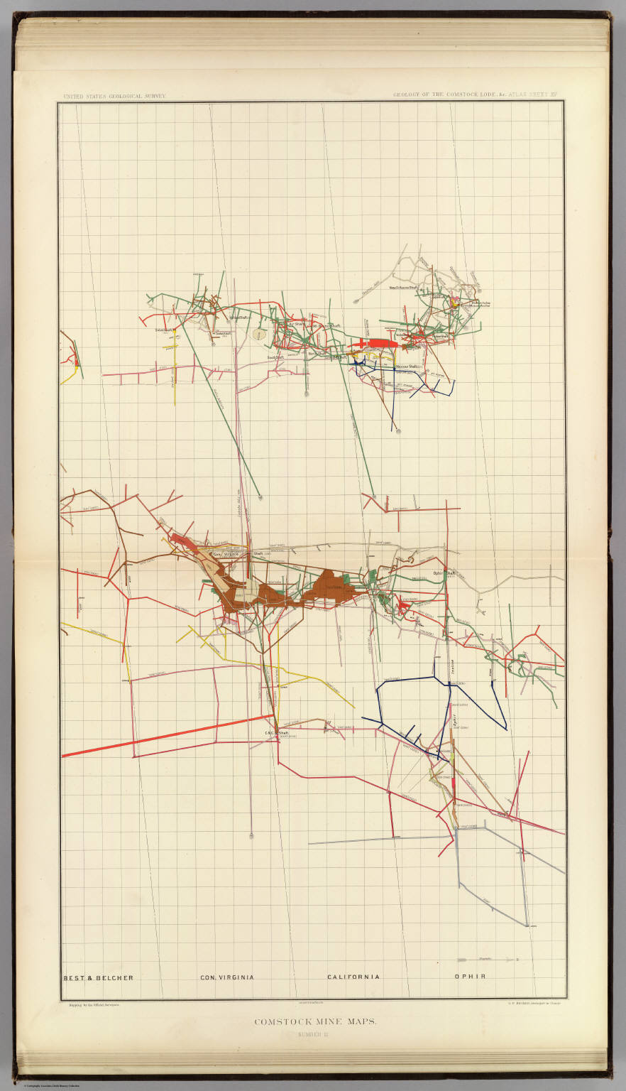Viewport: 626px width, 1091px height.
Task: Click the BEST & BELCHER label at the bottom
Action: pos(98,977)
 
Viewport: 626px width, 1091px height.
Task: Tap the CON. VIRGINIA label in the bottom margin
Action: pos(226,977)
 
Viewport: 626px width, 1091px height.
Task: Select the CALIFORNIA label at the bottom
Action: pos(353,977)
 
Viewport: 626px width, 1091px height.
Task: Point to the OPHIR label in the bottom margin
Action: pos(470,977)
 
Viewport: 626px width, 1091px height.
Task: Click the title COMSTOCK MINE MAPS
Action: pos(315,1022)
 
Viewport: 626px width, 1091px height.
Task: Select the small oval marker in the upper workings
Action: pos(261,332)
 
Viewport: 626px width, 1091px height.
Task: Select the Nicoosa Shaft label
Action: pos(407,366)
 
